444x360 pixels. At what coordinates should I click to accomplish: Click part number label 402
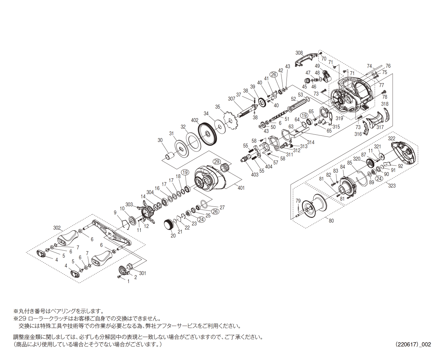coord(194,120)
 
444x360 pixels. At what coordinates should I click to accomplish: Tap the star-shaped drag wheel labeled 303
coord(148,213)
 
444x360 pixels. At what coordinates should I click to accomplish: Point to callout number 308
coord(299,53)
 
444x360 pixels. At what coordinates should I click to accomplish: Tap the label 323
coord(392,185)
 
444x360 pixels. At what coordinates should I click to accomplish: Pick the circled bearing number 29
coord(217,161)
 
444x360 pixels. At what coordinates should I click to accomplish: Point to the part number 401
coord(241,188)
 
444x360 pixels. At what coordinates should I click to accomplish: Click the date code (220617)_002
coord(413,344)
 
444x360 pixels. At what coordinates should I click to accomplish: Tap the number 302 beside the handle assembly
coord(57,228)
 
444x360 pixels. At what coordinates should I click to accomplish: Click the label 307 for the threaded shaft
coord(231,99)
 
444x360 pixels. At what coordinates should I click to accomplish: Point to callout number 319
coord(339,118)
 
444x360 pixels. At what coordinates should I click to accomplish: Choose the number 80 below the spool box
coord(331,221)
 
